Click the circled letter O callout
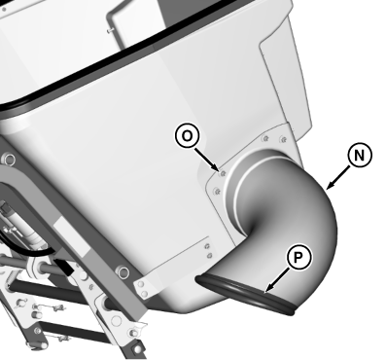pos(187,136)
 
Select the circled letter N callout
pos(360,156)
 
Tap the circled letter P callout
pos(298,258)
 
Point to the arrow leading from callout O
pos(206,160)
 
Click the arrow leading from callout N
pos(337,177)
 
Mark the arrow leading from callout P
pos(276,280)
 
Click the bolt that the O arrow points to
pos(223,173)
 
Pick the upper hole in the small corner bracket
pos(141,284)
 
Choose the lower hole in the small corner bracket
pos(145,294)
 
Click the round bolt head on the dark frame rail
pos(123,271)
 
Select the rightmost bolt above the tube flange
pos(284,140)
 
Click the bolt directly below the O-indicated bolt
pos(217,192)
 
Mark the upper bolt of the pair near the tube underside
pos(207,246)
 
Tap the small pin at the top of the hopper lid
pos(111,30)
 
